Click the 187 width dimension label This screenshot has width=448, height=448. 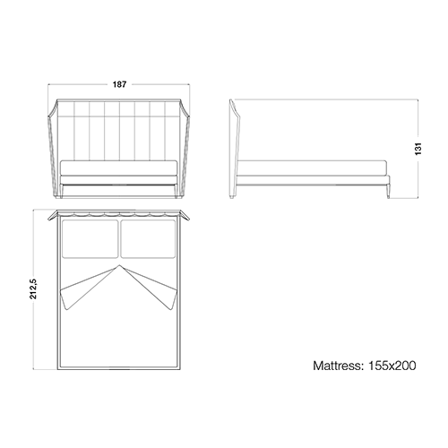click(119, 84)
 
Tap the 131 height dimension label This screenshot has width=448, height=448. click(418, 149)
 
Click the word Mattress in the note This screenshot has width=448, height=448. click(338, 366)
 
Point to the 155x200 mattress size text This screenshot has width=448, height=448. click(392, 366)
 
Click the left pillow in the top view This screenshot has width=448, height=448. click(90, 239)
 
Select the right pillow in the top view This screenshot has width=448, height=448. click(148, 239)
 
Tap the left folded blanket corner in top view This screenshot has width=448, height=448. click(66, 299)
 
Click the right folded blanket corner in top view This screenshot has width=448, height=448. click(172, 299)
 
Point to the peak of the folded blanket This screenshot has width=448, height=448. click(119, 265)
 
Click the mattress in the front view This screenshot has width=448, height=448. click(119, 168)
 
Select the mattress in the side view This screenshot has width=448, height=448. click(313, 168)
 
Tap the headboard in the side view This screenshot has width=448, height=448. click(235, 148)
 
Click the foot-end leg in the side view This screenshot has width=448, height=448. click(388, 190)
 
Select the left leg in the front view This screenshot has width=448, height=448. click(62, 191)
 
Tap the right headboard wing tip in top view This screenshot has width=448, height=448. click(189, 220)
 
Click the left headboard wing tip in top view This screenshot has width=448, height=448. click(48, 220)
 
